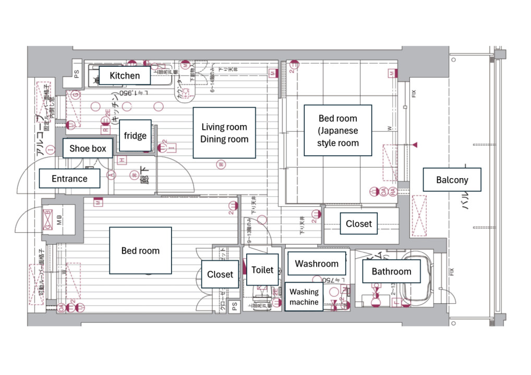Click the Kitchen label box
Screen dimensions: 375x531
coord(125,76)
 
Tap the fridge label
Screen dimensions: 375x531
coord(135,136)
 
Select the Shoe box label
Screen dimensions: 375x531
coord(88,148)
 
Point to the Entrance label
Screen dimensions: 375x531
coord(69,179)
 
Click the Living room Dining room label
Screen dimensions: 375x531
coord(224,133)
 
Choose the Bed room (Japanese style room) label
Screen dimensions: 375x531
coord(338,130)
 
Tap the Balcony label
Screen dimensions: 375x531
coord(452,180)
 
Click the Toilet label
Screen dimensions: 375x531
coord(262,270)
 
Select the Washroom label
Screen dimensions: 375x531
coord(317,264)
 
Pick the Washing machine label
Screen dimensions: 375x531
coord(304,297)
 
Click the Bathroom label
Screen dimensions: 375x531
coord(391,271)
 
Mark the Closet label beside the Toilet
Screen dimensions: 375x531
coord(220,274)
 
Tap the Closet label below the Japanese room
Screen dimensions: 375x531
coord(359,224)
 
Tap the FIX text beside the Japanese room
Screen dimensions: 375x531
coord(414,95)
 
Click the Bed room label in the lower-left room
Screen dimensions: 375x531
coord(140,251)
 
